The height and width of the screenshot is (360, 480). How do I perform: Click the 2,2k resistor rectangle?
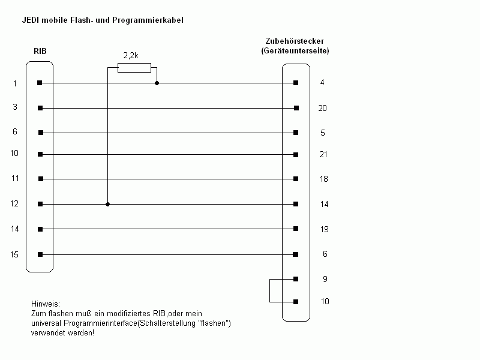click(x=134, y=68)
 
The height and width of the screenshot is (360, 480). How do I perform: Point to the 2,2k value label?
click(x=131, y=55)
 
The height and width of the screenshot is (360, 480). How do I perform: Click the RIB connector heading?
click(x=40, y=51)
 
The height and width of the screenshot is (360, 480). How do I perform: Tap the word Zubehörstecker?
click(x=295, y=41)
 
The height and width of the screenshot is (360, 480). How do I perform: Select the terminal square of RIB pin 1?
click(x=40, y=83)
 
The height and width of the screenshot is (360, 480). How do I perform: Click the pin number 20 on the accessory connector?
click(x=322, y=108)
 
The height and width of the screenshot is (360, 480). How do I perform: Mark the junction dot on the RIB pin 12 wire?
click(x=107, y=204)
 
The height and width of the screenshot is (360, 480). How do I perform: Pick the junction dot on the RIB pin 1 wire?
click(x=157, y=83)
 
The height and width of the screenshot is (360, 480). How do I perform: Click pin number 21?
click(x=323, y=154)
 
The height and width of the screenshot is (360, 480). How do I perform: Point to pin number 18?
click(x=324, y=179)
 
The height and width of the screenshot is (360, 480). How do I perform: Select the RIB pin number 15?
click(x=14, y=254)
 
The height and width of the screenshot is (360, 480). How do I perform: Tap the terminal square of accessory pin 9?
click(x=296, y=279)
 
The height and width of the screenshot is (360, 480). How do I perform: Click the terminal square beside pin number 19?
click(x=296, y=229)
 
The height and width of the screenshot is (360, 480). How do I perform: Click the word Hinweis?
click(x=46, y=304)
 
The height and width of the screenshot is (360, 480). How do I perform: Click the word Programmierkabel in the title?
click(x=148, y=20)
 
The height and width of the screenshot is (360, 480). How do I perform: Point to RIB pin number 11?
click(x=15, y=178)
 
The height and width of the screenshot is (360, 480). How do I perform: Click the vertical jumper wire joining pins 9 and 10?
click(x=269, y=290)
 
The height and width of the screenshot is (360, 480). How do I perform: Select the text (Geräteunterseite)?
click(x=295, y=50)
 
